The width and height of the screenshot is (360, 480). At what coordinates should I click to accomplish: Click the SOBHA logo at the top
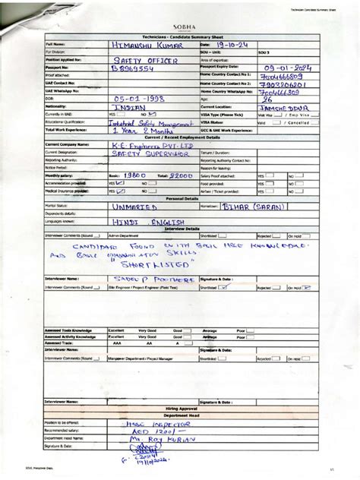179,25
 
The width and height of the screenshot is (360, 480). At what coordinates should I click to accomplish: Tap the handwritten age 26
267,99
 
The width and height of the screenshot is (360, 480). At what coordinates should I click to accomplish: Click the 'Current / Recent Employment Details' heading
179,136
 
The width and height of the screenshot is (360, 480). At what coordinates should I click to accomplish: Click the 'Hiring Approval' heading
179,408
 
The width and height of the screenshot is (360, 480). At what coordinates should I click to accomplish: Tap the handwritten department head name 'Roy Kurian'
156,438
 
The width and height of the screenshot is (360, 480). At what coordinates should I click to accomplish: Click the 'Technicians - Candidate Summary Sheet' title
179,36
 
